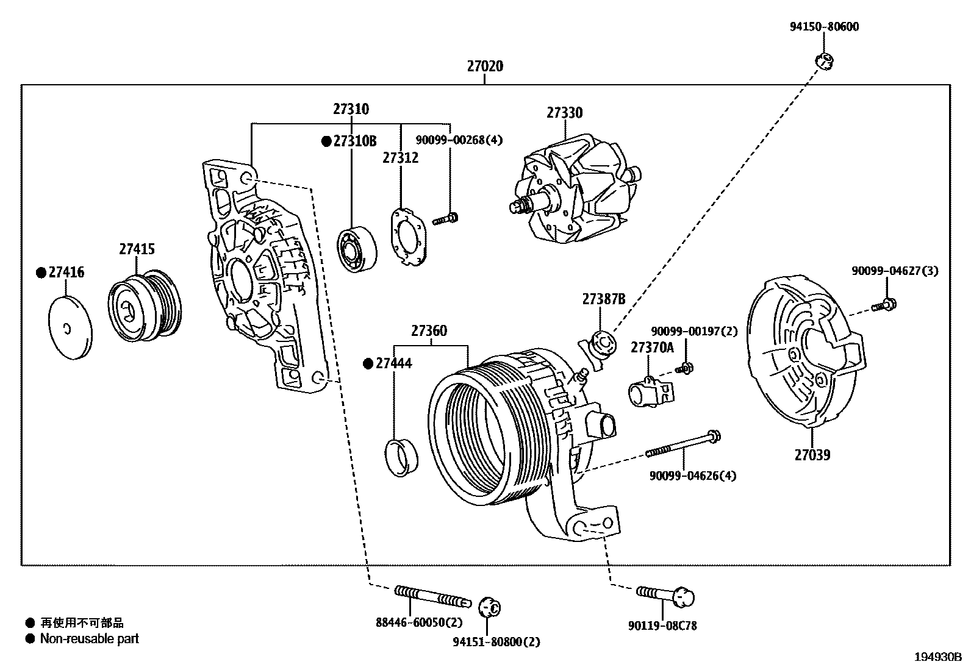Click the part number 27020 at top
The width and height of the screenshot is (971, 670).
[x=485, y=66]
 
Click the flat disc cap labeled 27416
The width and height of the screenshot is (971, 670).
[x=69, y=329]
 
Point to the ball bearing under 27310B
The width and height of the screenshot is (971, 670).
[x=357, y=248]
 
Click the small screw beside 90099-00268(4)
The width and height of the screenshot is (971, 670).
[x=446, y=218]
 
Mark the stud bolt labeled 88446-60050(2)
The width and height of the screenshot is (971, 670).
[x=432, y=596]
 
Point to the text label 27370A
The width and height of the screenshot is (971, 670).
[x=652, y=347]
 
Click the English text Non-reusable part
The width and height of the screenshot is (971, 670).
[x=89, y=639]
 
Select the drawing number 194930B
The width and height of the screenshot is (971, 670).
[x=937, y=657]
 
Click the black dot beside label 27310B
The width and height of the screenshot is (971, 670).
[x=326, y=141]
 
